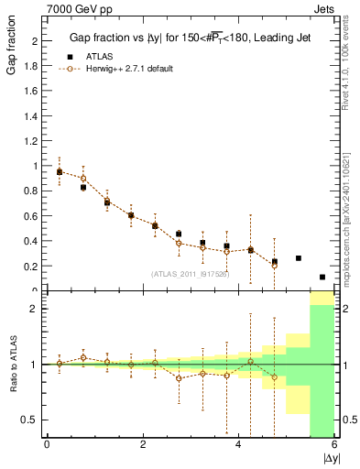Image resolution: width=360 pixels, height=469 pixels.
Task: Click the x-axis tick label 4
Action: click(238, 445)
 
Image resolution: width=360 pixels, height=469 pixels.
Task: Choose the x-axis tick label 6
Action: click(334, 445)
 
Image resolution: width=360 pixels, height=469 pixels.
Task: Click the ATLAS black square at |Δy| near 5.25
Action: click(299, 258)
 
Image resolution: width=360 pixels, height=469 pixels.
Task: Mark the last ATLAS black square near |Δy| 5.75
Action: click(322, 277)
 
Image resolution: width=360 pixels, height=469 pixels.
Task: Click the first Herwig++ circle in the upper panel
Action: click(60, 171)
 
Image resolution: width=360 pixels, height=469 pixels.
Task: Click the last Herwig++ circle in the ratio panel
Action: click(274, 377)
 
